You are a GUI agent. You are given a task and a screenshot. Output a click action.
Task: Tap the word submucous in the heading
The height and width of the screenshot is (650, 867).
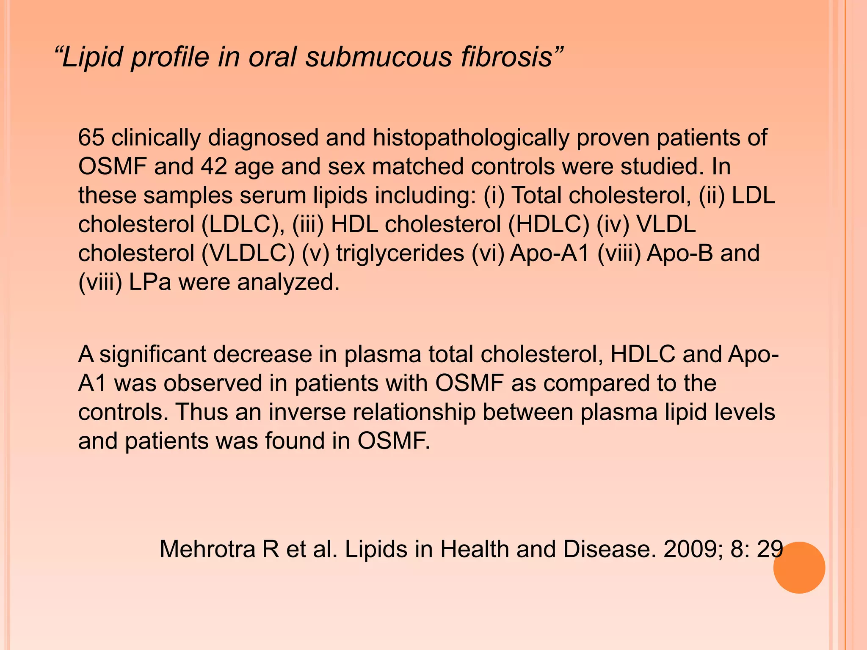tap(378, 57)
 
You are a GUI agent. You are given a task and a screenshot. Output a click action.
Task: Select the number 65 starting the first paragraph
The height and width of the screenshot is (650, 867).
tap(91, 138)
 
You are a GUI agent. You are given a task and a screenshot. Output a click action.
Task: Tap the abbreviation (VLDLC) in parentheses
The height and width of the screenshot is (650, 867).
tap(248, 253)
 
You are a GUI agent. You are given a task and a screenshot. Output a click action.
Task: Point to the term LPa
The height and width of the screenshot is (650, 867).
tap(150, 282)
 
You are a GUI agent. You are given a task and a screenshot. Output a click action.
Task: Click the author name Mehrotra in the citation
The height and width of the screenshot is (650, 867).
tap(207, 549)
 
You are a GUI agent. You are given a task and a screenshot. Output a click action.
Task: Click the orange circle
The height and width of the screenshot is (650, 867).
tap(799, 567)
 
